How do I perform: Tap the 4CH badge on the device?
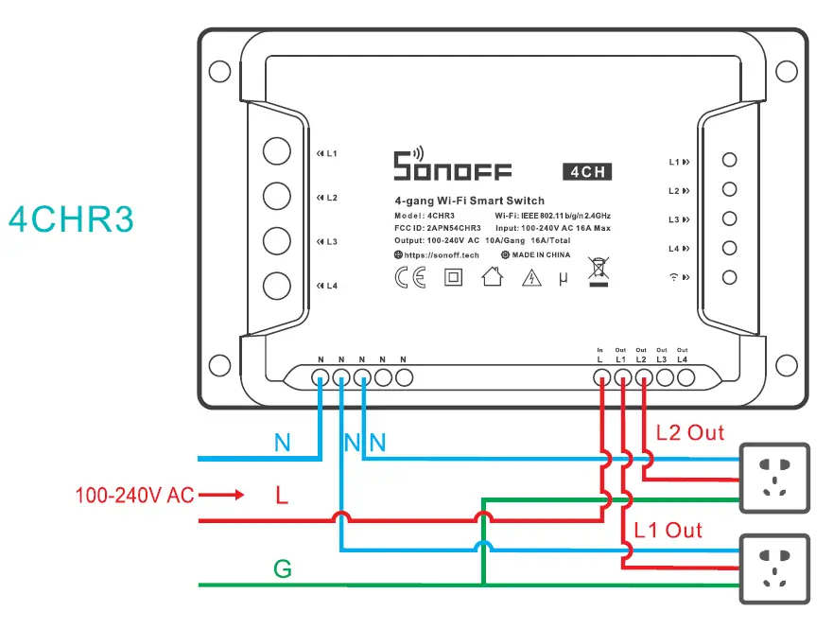click(x=586, y=172)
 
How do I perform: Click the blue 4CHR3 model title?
click(x=71, y=219)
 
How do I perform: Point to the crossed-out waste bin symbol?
click(x=597, y=271)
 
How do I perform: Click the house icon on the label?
click(x=492, y=277)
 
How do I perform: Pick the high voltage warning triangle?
click(x=532, y=278)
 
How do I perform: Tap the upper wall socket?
click(x=774, y=477)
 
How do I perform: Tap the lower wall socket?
click(x=774, y=569)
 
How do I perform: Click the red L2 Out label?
click(x=689, y=433)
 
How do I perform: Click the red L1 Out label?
click(x=668, y=530)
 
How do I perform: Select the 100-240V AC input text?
click(x=134, y=495)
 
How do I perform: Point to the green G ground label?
click(x=282, y=569)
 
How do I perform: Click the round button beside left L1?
click(x=276, y=152)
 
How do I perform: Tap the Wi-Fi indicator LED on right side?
click(x=729, y=277)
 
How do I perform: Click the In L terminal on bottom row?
click(x=600, y=377)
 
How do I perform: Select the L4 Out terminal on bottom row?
click(x=685, y=377)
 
